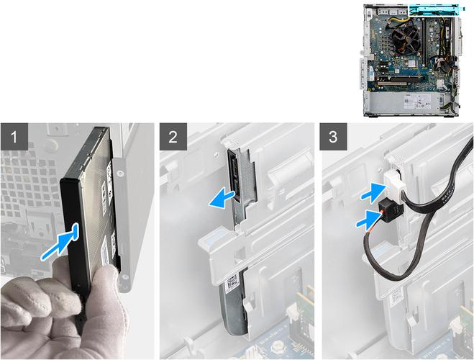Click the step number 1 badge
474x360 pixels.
click(14, 136)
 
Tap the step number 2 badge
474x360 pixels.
click(173, 136)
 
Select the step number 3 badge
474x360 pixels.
click(334, 136)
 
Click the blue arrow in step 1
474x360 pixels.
click(60, 241)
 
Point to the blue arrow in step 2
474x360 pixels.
click(222, 199)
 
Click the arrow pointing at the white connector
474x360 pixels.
click(373, 192)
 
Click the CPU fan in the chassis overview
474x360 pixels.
click(406, 39)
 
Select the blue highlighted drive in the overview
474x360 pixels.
click(437, 10)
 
